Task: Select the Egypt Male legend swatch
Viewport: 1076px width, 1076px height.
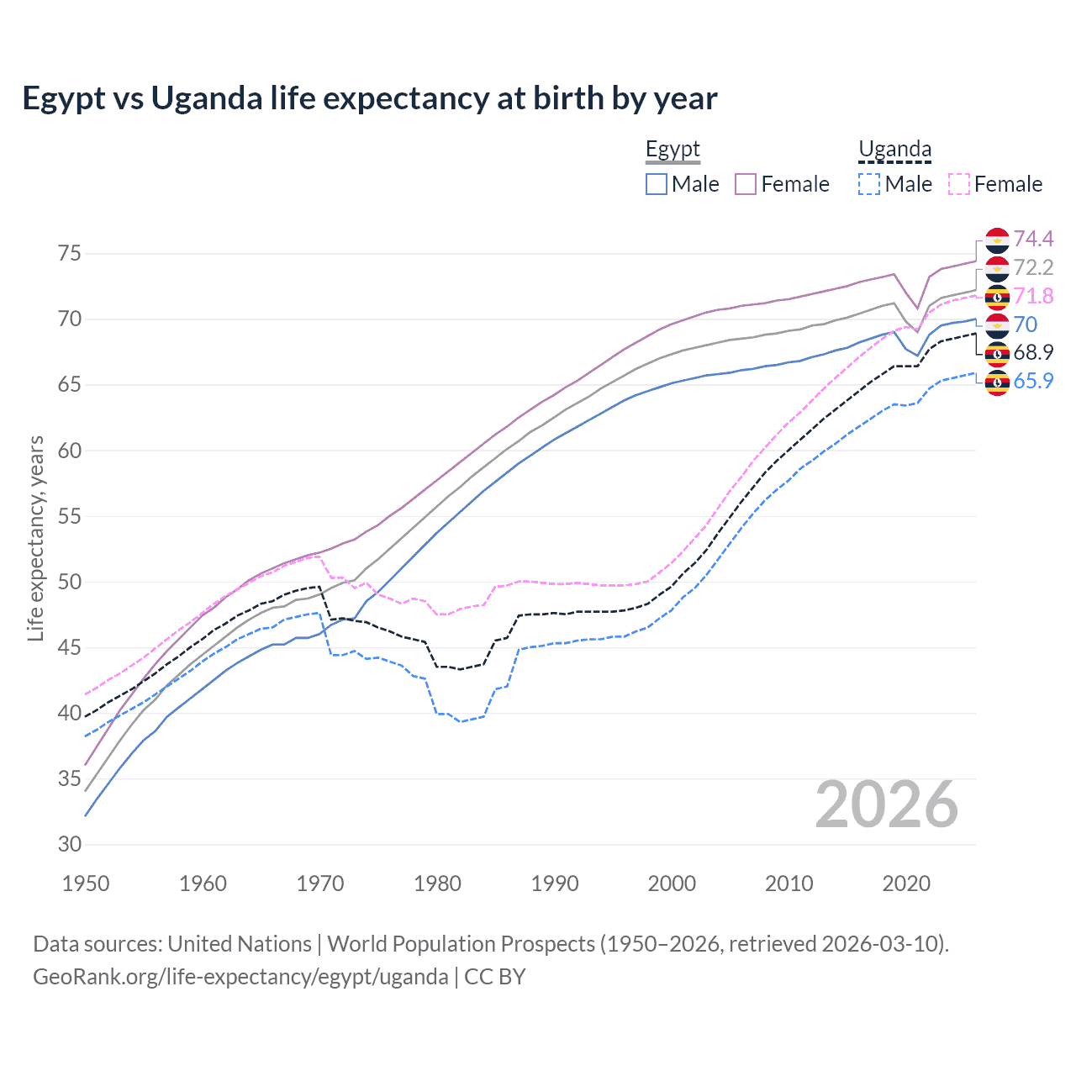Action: pyautogui.click(x=657, y=184)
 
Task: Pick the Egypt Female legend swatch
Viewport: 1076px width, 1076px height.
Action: pyautogui.click(x=746, y=184)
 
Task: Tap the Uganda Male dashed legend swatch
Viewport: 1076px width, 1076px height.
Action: pyautogui.click(x=869, y=184)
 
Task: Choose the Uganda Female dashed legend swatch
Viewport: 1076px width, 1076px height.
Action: pyautogui.click(x=958, y=184)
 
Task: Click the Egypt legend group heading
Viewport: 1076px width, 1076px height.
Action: pyautogui.click(x=672, y=150)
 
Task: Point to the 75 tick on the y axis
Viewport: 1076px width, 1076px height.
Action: pyautogui.click(x=70, y=253)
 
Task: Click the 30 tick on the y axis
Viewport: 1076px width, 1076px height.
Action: pyautogui.click(x=70, y=844)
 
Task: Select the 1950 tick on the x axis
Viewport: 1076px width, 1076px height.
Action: pyautogui.click(x=86, y=883)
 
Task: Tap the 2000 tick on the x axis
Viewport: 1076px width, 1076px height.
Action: pyautogui.click(x=672, y=883)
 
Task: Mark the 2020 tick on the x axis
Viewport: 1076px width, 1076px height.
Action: pyautogui.click(x=906, y=883)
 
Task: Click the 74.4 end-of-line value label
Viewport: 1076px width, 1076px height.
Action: pyautogui.click(x=1033, y=240)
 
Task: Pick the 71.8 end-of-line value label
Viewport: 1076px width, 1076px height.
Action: pyautogui.click(x=1033, y=296)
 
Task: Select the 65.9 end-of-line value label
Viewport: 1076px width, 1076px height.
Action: pyautogui.click(x=1033, y=381)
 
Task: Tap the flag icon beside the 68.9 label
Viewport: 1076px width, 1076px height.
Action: pyautogui.click(x=997, y=353)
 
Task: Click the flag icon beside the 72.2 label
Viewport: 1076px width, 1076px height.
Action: pyautogui.click(x=997, y=268)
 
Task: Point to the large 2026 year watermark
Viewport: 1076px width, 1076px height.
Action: pyautogui.click(x=887, y=804)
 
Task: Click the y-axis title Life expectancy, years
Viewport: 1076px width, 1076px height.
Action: pyautogui.click(x=35, y=538)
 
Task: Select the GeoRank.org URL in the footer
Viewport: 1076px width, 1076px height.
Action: pyautogui.click(x=240, y=977)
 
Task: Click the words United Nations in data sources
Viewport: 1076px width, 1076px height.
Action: pyautogui.click(x=240, y=944)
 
